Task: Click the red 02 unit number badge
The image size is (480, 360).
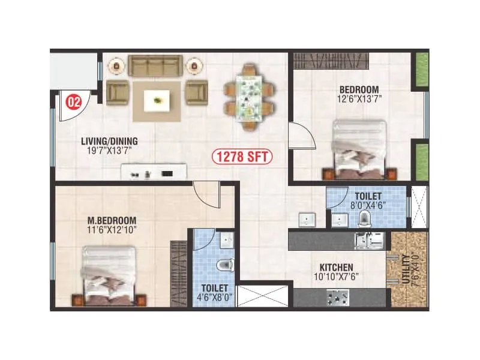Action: coord(74,101)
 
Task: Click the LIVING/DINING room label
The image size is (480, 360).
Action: coord(109,142)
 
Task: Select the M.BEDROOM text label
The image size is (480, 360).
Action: coord(112,220)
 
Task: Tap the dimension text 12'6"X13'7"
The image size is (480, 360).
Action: coord(359,98)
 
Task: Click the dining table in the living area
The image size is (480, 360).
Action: coord(249,98)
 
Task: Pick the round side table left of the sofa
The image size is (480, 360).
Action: coord(118,64)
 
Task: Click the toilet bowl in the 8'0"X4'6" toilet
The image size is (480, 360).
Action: coord(364,220)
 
